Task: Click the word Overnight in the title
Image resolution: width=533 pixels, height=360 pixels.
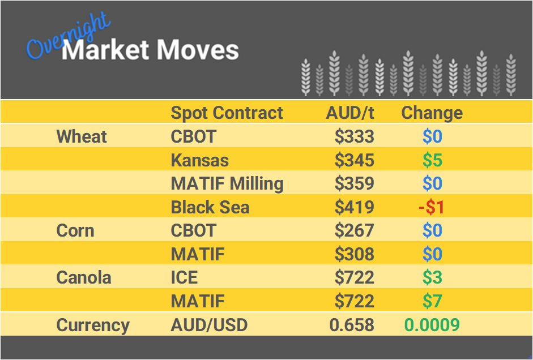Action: click(68, 38)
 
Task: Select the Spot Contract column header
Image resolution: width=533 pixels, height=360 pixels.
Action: click(227, 113)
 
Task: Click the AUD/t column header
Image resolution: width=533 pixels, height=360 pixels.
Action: click(350, 113)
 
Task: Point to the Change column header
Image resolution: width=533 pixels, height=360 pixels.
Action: click(432, 113)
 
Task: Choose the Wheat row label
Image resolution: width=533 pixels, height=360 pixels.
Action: click(82, 136)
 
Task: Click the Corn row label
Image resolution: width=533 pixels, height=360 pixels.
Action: click(75, 230)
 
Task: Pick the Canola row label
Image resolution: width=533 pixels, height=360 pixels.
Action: click(84, 277)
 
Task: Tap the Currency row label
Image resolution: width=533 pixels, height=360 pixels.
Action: click(93, 325)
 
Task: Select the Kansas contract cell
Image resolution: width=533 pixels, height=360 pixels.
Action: click(199, 160)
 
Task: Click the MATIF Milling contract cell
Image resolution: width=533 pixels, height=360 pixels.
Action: click(227, 183)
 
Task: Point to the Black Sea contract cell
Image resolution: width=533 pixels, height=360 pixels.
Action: click(210, 207)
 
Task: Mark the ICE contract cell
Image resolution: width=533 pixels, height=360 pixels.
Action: click(184, 277)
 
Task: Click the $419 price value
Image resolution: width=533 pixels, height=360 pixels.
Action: click(354, 207)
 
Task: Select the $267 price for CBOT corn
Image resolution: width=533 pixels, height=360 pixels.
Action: click(354, 230)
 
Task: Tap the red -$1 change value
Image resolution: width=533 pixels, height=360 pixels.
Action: click(432, 207)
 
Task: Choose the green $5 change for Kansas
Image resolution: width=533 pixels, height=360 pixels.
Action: click(432, 160)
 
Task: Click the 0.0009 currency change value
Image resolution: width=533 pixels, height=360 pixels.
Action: click(432, 325)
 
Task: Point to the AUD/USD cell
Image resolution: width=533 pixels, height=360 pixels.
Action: click(209, 325)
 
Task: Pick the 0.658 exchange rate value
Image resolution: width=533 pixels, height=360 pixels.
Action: click(352, 325)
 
